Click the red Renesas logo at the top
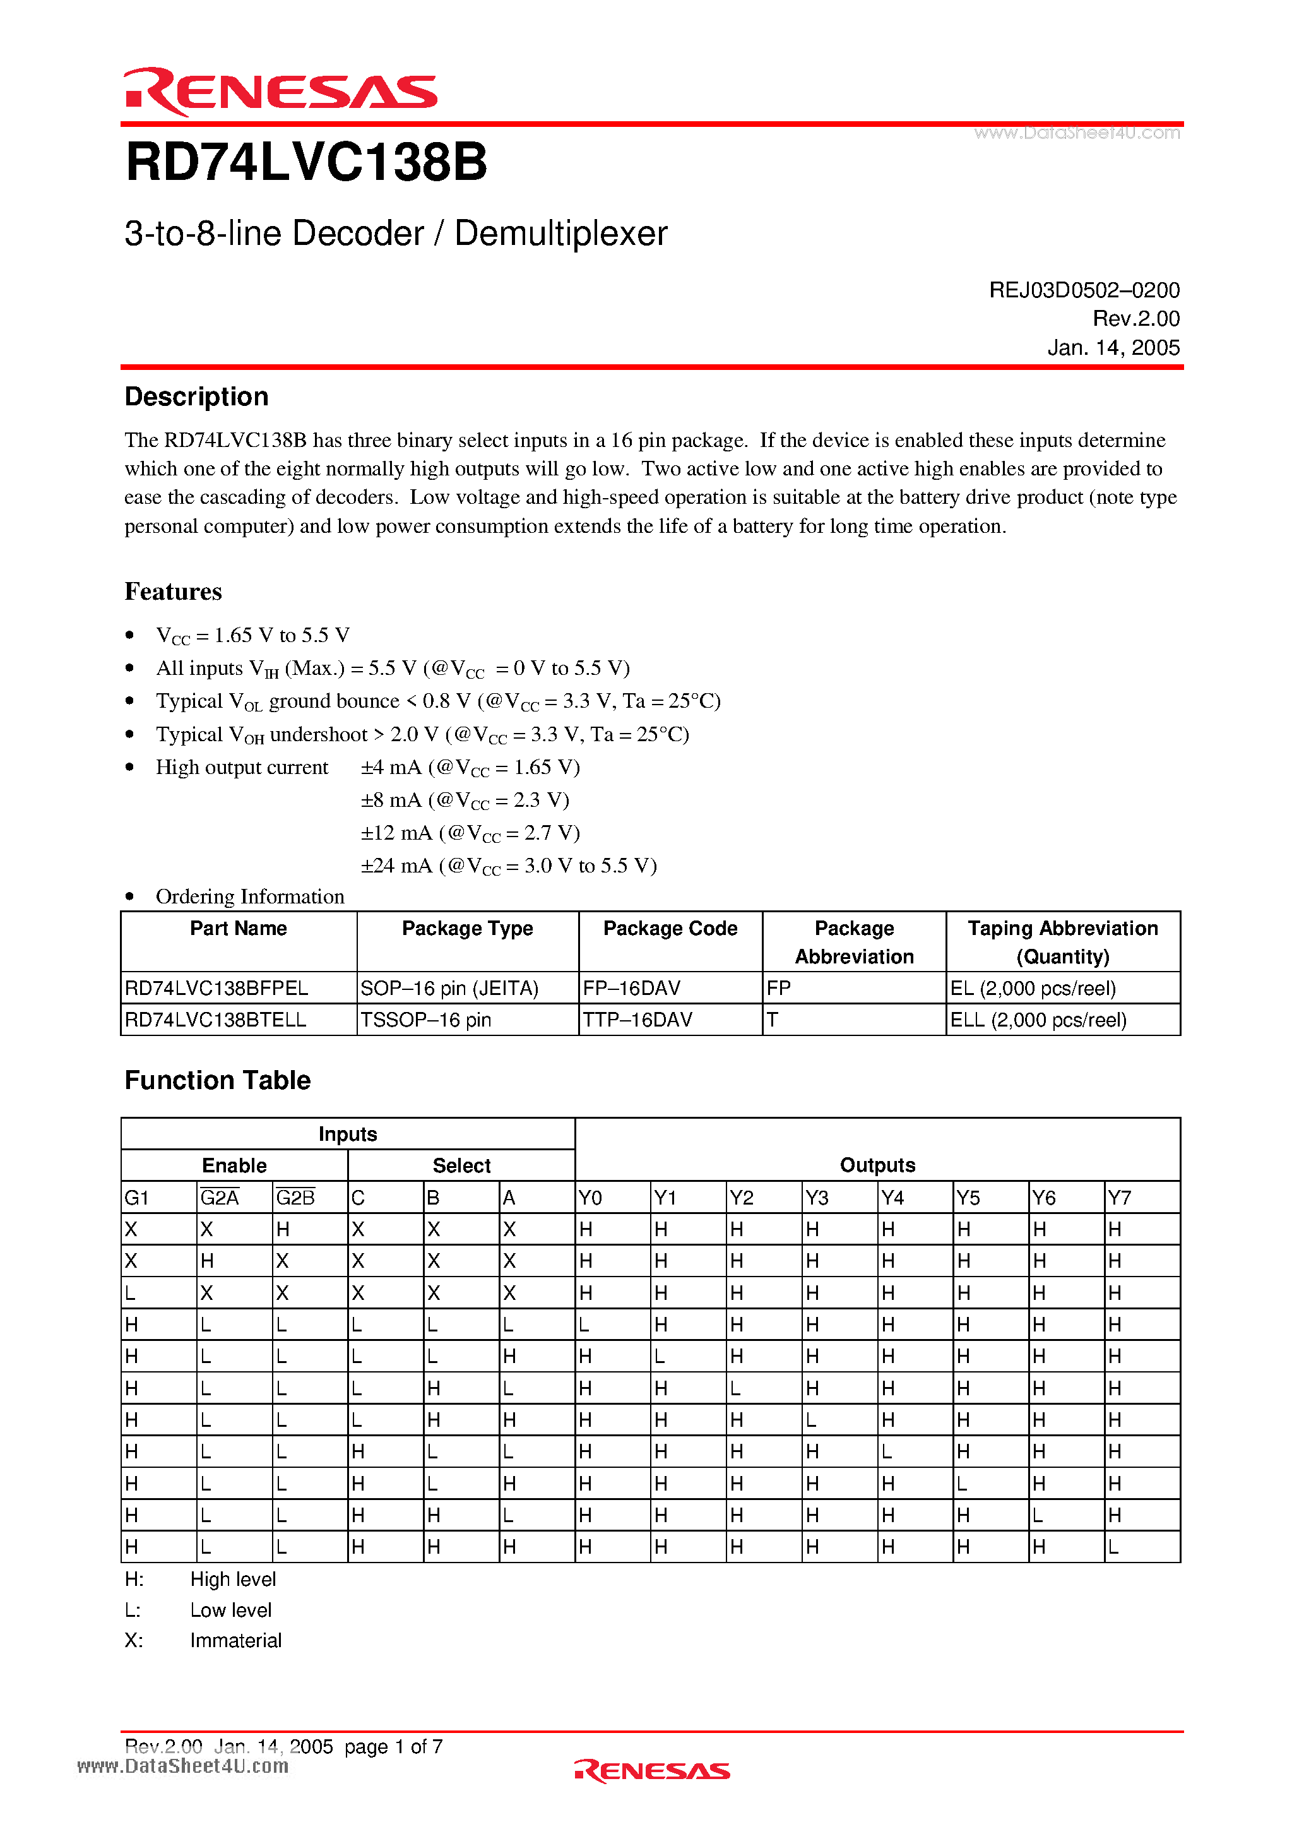[x=280, y=91]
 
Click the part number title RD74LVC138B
[x=306, y=162]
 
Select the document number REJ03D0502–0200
[x=1084, y=290]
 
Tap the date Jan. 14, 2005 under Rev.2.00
[x=1113, y=347]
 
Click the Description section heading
[x=196, y=396]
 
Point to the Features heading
[x=173, y=592]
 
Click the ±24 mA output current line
[x=508, y=866]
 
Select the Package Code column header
[x=670, y=929]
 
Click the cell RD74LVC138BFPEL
[x=217, y=988]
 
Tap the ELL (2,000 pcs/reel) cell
[x=1038, y=1020]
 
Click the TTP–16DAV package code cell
[x=637, y=1020]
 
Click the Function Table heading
[x=217, y=1080]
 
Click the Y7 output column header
[x=1119, y=1198]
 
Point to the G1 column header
[x=137, y=1198]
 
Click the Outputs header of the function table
[x=877, y=1165]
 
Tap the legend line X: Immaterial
[x=203, y=1640]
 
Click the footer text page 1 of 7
[x=393, y=1746]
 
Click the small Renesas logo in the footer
[x=652, y=1772]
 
